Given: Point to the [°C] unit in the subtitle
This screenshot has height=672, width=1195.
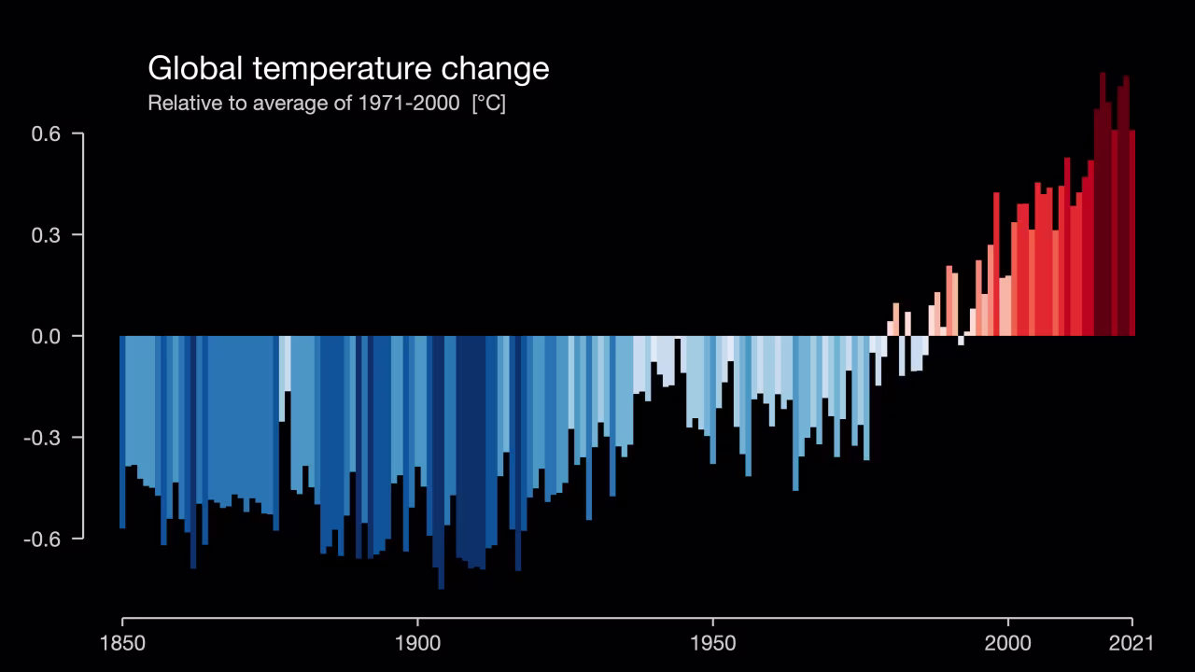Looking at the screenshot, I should pos(488,103).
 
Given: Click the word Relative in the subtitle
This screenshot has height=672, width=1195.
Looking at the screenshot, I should pos(184,103).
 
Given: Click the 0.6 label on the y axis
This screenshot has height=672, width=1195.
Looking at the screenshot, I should pos(46,133).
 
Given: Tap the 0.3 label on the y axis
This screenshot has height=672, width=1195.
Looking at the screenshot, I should pos(46,235).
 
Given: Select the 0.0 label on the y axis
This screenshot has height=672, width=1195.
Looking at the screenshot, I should pos(46,336).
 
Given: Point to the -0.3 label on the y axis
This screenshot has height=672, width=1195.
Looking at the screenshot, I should pos(43,438).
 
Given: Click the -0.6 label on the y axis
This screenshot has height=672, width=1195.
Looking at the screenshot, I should pos(43,539).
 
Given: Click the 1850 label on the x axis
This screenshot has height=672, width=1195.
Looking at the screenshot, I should pos(122,643).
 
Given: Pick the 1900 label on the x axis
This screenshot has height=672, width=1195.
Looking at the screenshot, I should pos(417,643).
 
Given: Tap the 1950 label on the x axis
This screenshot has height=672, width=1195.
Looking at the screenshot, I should pos(712,643).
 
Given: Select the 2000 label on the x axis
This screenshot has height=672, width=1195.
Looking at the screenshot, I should pos(1008,643).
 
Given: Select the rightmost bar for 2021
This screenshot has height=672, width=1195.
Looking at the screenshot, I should pos(1132,233).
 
